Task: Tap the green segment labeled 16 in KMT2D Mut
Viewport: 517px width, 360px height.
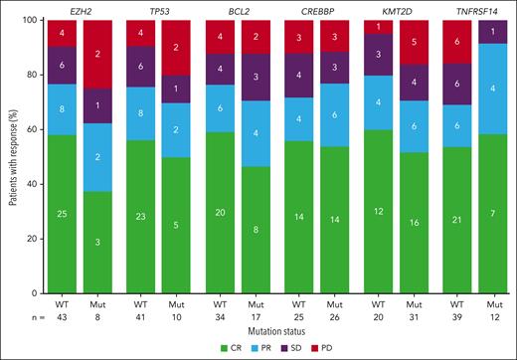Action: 404,219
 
